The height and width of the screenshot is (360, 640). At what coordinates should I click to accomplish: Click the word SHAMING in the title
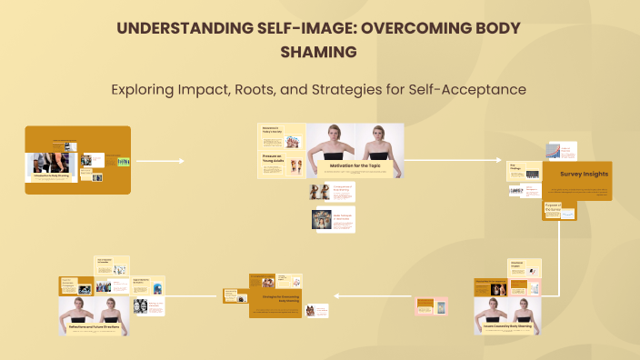coord(320,52)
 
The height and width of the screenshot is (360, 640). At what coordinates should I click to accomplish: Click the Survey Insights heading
coord(576,173)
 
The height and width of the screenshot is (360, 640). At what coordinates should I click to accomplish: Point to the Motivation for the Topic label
coord(355,165)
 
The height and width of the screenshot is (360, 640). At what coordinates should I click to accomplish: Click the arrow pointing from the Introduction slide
coord(160,162)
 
